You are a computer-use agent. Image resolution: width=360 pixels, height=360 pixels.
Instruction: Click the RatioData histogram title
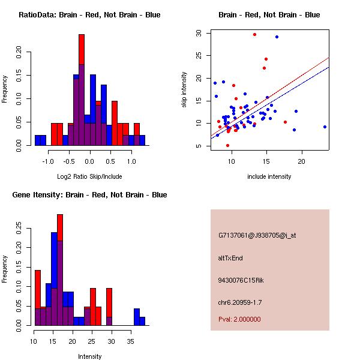click(x=89, y=15)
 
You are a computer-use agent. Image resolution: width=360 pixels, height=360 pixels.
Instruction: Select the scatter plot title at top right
click(x=269, y=15)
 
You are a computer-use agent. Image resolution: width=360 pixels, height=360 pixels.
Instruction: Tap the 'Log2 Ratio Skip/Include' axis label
click(x=89, y=177)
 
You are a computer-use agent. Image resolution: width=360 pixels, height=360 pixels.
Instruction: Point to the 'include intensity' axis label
click(x=269, y=177)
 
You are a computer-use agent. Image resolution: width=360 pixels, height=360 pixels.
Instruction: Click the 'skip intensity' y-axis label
click(x=185, y=90)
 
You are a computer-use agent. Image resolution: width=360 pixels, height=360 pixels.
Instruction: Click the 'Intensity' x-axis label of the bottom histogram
click(x=90, y=356)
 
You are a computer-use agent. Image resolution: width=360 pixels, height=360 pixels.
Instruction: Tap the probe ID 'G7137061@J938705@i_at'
click(x=257, y=235)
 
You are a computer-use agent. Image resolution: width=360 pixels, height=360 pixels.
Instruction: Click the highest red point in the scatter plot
click(x=254, y=35)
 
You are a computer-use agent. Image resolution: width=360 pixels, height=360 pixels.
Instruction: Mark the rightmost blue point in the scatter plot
click(x=325, y=127)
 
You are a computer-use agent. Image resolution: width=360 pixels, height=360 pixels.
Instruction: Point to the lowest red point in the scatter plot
click(x=227, y=145)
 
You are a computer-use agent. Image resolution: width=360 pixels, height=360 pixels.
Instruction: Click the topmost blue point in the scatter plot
click(x=277, y=37)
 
